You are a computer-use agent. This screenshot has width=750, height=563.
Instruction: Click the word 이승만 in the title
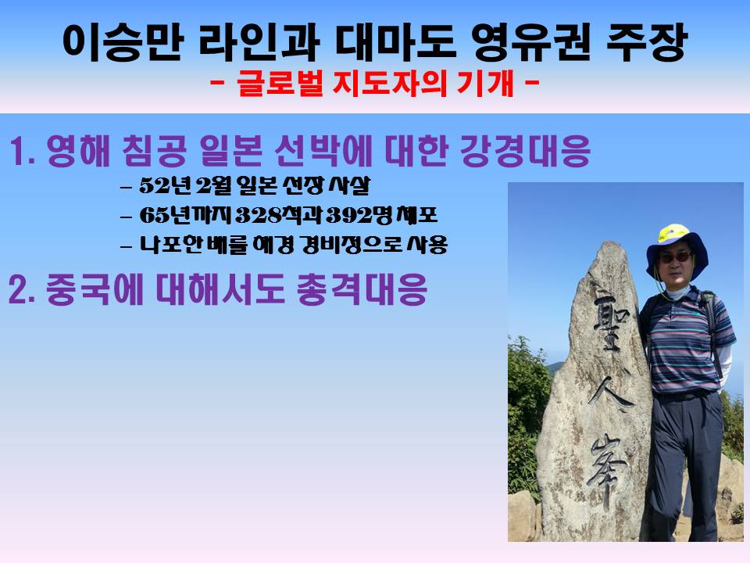(x=123, y=42)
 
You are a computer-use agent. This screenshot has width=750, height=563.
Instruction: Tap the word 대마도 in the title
(x=395, y=42)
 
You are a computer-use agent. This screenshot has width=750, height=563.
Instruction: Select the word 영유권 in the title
(x=531, y=42)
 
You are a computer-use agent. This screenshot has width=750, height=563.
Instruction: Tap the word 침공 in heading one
(x=154, y=150)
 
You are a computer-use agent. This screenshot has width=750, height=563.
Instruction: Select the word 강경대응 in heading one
(x=525, y=150)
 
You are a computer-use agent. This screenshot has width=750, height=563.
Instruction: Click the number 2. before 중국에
(x=22, y=290)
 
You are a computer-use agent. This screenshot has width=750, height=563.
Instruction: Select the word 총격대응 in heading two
(x=362, y=289)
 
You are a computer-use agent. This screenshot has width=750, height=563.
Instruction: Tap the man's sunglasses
(x=675, y=257)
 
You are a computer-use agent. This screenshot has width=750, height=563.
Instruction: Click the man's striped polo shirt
(x=684, y=340)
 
